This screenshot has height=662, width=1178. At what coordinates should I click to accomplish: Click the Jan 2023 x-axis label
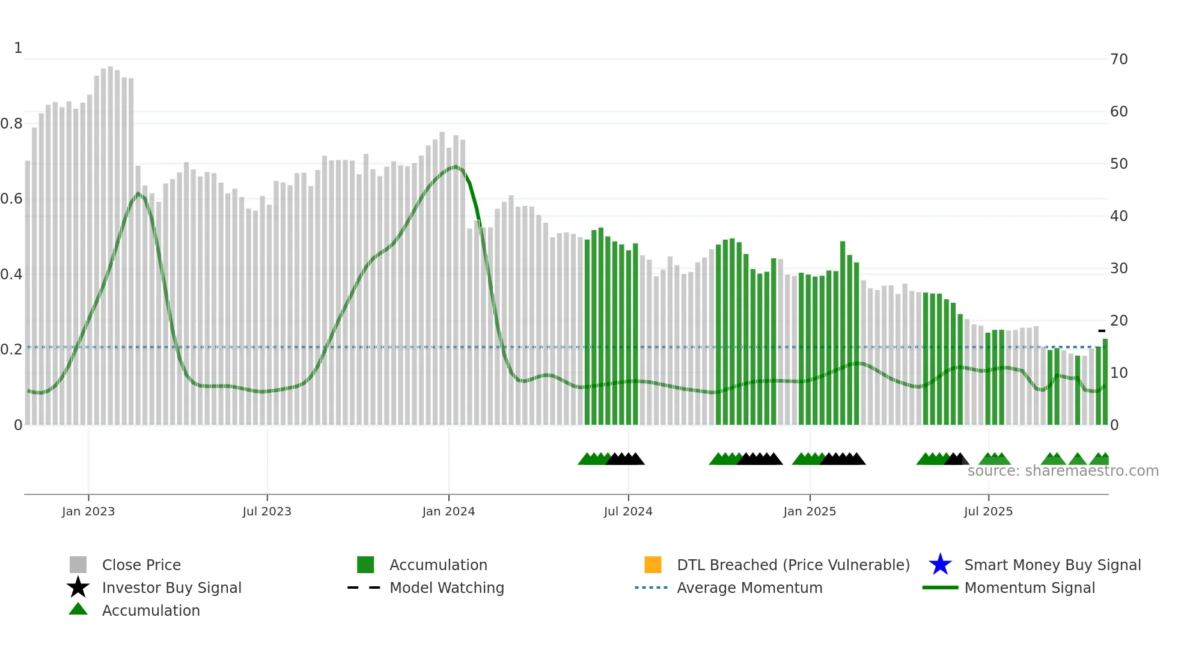pyautogui.click(x=88, y=511)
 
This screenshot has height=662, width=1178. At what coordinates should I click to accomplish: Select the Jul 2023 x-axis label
pyautogui.click(x=267, y=511)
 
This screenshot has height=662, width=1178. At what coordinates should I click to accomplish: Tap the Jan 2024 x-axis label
pyautogui.click(x=448, y=511)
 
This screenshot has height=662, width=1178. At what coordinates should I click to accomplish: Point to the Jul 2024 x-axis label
pyautogui.click(x=628, y=511)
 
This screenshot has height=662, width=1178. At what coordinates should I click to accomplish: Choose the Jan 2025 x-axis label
pyautogui.click(x=810, y=511)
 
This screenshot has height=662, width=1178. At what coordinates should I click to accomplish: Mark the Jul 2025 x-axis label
pyautogui.click(x=988, y=511)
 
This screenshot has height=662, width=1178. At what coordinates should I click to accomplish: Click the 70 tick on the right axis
pyautogui.click(x=1118, y=59)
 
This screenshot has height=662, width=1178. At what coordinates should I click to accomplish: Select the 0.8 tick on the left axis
pyautogui.click(x=11, y=124)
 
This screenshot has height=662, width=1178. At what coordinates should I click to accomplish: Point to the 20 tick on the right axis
pyautogui.click(x=1118, y=321)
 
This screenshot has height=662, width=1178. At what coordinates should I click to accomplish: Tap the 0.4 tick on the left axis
pyautogui.click(x=11, y=275)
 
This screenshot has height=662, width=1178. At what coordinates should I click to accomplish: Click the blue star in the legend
pyautogui.click(x=940, y=565)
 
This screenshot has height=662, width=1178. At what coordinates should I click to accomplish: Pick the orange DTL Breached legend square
pyautogui.click(x=653, y=565)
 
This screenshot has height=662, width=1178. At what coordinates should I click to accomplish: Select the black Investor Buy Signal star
pyautogui.click(x=78, y=588)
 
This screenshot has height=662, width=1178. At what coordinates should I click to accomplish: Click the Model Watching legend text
pyautogui.click(x=447, y=588)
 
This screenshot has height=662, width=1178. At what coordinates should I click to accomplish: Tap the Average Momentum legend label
pyautogui.click(x=749, y=588)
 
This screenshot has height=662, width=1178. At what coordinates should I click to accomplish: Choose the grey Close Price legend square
pyautogui.click(x=78, y=565)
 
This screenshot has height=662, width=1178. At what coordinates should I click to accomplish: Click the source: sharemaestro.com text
pyautogui.click(x=1063, y=471)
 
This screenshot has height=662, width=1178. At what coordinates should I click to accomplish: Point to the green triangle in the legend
pyautogui.click(x=78, y=609)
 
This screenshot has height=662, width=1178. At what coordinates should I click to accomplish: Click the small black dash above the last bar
pyautogui.click(x=1102, y=331)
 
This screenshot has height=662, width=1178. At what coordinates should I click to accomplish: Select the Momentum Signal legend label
pyautogui.click(x=1030, y=588)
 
